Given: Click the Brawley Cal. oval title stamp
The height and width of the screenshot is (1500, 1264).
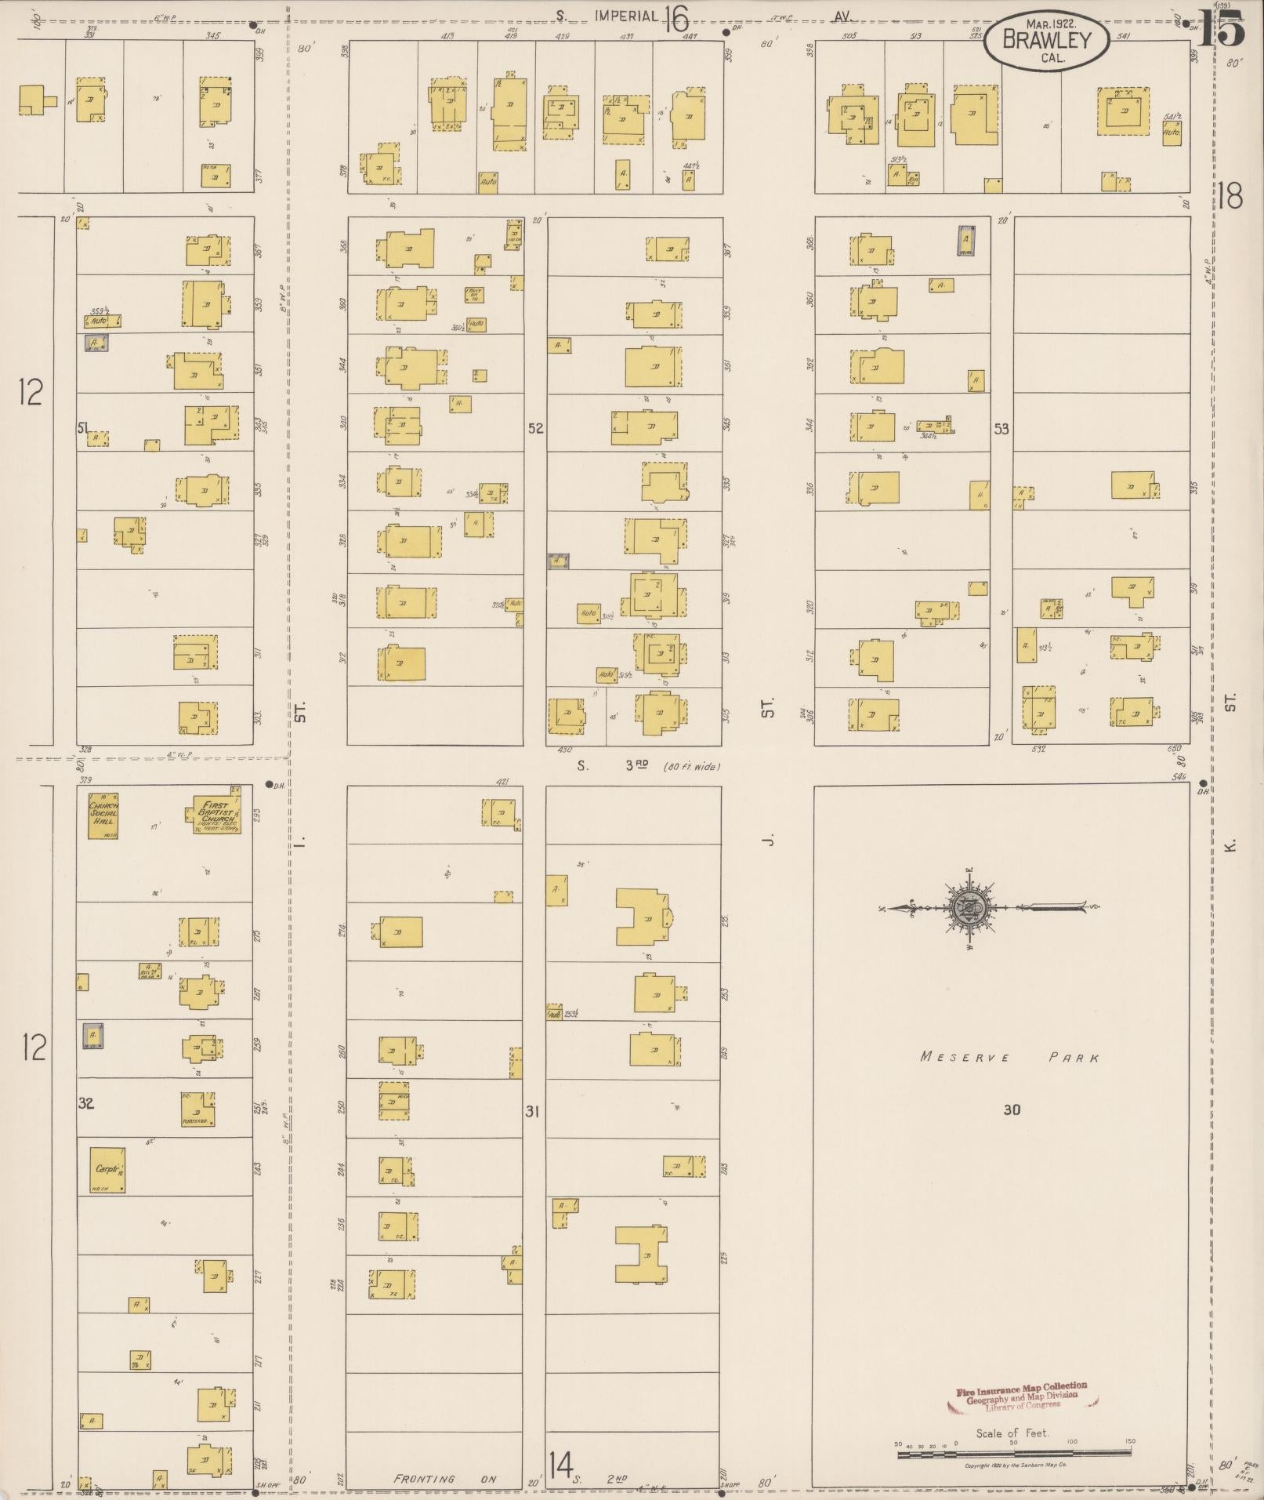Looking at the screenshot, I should pyautogui.click(x=1045, y=41).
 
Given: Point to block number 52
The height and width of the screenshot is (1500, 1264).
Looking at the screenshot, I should pyautogui.click(x=535, y=429).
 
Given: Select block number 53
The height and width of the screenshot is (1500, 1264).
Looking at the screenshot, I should pyautogui.click(x=1001, y=429).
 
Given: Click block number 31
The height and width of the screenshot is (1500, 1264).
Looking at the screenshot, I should pyautogui.click(x=533, y=1111).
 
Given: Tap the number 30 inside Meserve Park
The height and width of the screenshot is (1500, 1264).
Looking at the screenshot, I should pyautogui.click(x=1012, y=1110).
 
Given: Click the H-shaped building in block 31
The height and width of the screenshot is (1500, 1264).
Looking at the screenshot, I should pyautogui.click(x=642, y=1255).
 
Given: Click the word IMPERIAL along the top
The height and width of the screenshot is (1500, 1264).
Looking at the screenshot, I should pyautogui.click(x=625, y=16).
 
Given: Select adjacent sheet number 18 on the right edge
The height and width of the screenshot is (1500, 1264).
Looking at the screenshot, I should pyautogui.click(x=1230, y=196).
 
